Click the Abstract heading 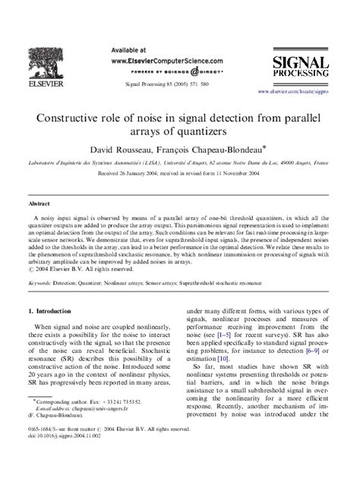pos(39,203)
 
